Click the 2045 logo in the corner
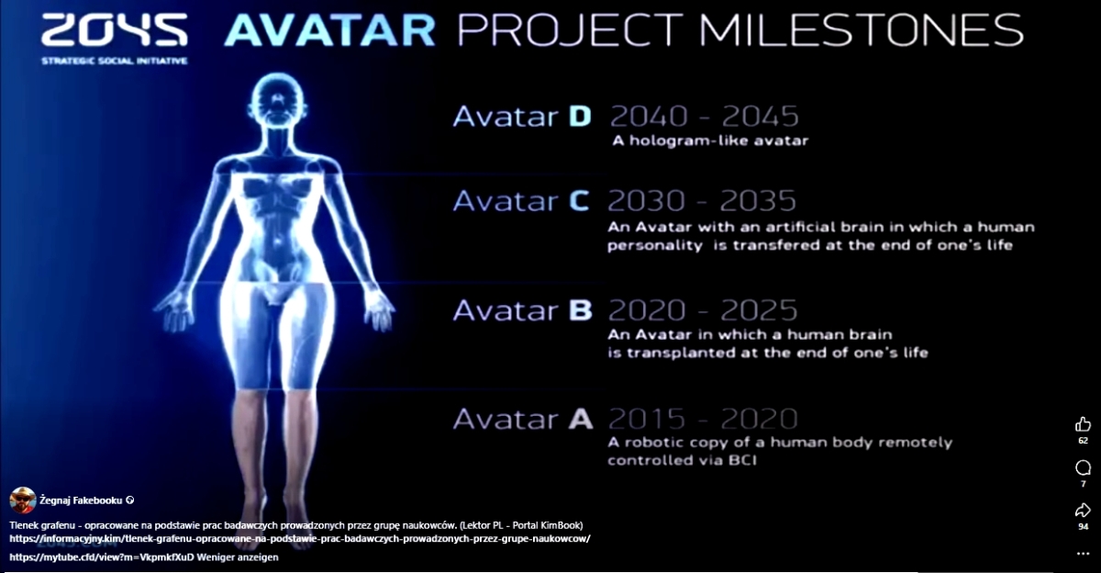115,30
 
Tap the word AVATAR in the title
329,30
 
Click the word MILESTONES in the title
862,30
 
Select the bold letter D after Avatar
580,117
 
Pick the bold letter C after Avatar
579,201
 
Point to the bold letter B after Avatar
581,310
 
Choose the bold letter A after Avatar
581,419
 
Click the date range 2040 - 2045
705,117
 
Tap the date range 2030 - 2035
702,201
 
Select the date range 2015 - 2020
703,419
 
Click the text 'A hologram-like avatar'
710,140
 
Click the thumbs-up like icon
1083,424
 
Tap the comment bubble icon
1083,467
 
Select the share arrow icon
1083,511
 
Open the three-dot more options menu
1083,554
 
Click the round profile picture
23,500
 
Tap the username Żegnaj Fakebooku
81,500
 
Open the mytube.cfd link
102,557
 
